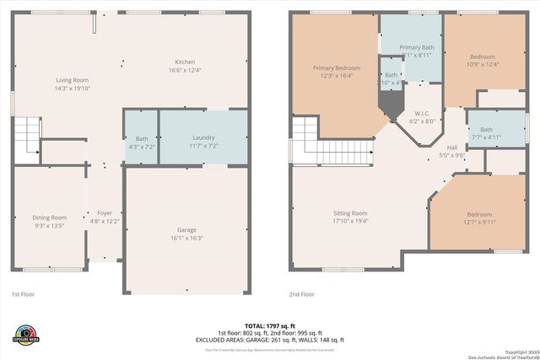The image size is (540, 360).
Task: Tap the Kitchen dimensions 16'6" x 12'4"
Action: (185, 71)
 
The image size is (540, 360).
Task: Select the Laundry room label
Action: (202, 137)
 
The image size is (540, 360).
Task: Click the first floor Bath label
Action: (141, 138)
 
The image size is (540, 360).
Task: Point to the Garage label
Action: (186, 229)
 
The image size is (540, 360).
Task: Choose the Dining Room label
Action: (49, 218)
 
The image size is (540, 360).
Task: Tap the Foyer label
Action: (105, 212)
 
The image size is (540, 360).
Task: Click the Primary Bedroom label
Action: (336, 67)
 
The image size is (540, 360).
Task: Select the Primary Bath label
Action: (416, 47)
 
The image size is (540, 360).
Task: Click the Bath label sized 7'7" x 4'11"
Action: (486, 129)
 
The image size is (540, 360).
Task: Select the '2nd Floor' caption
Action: (301, 294)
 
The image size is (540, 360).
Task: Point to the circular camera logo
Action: (26, 333)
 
